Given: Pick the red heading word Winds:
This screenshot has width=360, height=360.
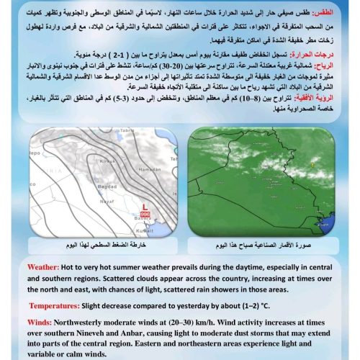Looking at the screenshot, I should [x=42, y=322].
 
